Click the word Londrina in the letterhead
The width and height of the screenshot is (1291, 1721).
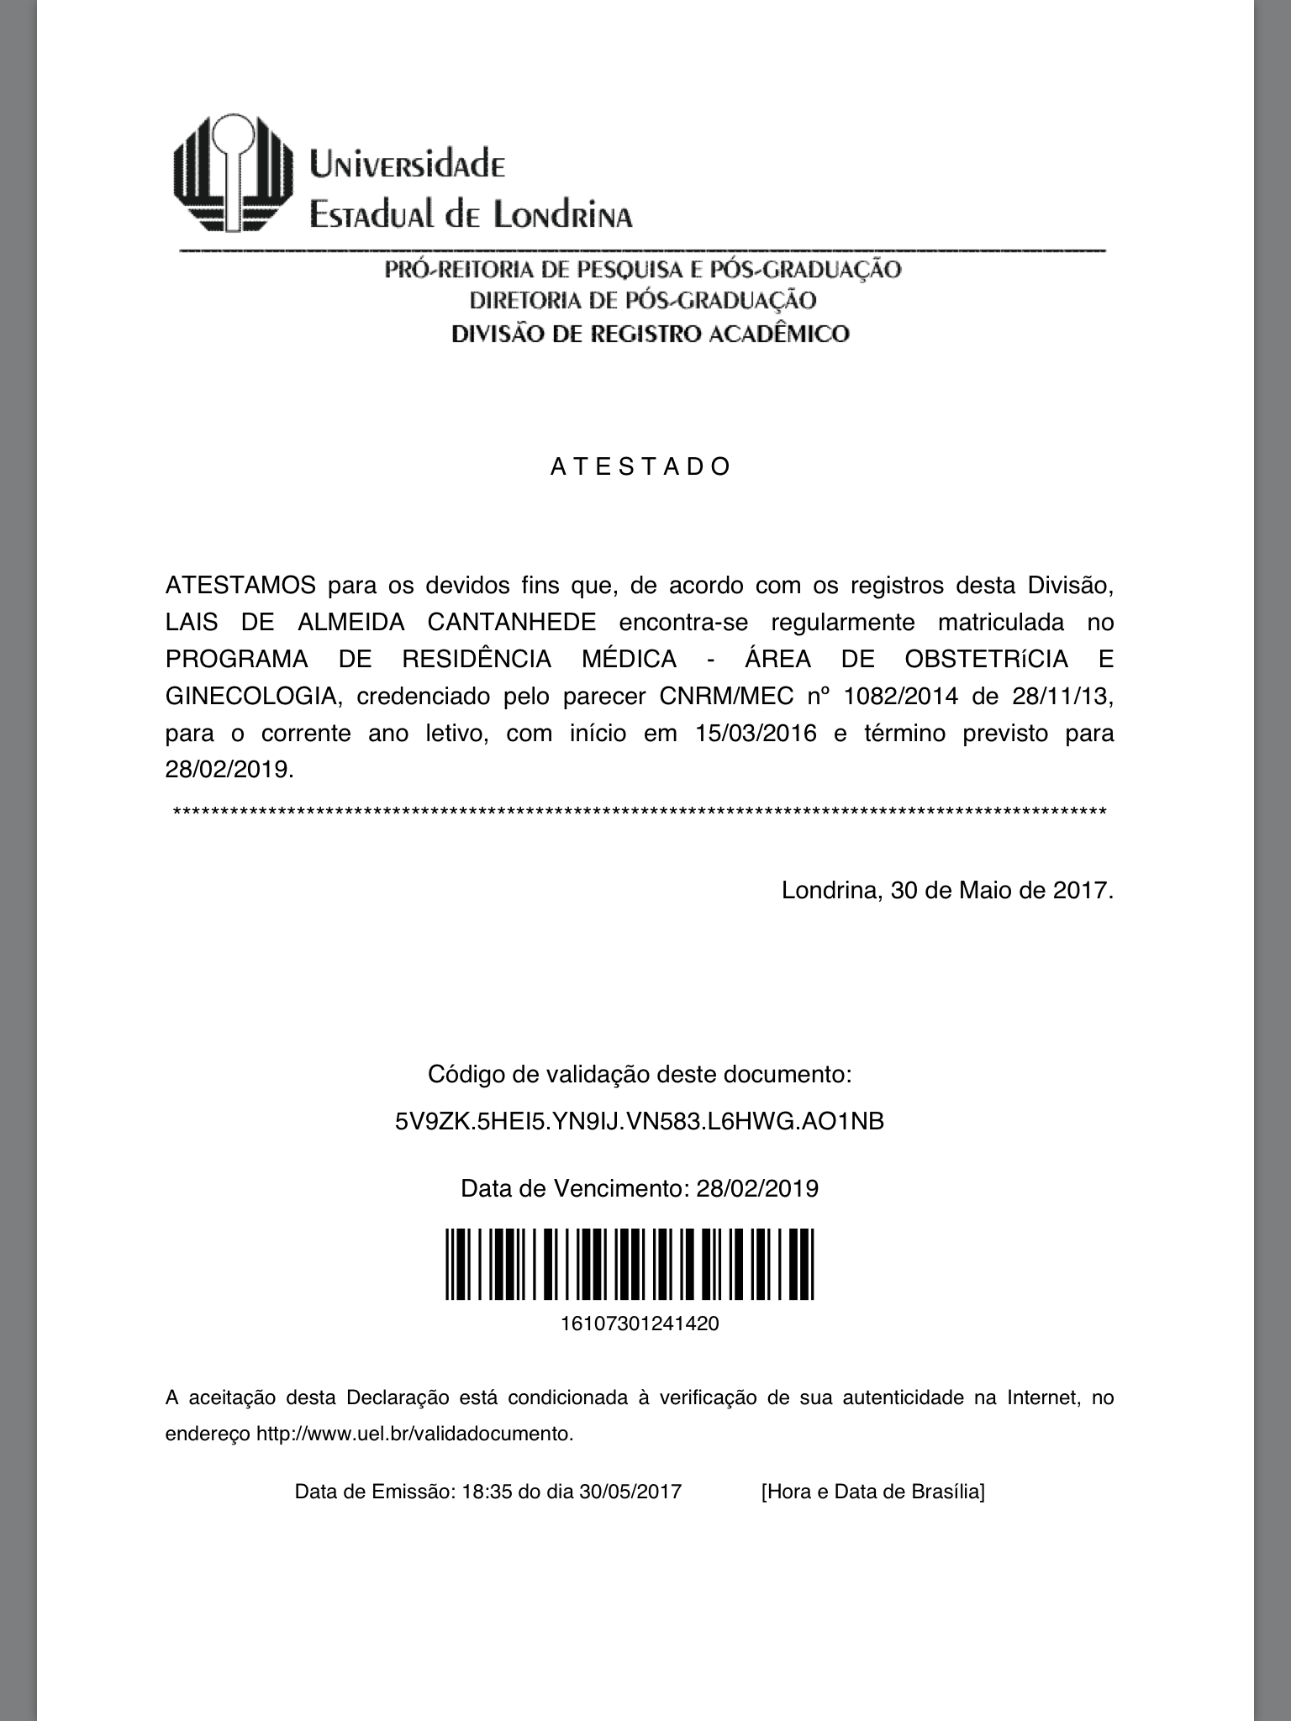(x=562, y=215)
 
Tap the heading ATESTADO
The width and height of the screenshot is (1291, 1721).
(x=641, y=467)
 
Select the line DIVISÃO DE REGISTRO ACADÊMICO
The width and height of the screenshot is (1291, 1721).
(x=651, y=334)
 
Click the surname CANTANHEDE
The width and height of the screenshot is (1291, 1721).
(x=512, y=623)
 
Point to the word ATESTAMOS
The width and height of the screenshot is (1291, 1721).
(x=241, y=585)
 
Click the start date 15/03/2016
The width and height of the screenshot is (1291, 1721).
(x=756, y=733)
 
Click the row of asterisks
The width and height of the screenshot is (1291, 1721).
(x=640, y=812)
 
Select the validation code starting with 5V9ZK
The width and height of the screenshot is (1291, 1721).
(x=640, y=1121)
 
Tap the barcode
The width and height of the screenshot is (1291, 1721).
(x=630, y=1264)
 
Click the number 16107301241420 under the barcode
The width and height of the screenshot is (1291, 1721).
(x=640, y=1324)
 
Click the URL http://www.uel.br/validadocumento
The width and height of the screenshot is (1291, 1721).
(x=415, y=1434)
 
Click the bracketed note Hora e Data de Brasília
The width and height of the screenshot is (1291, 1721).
(x=872, y=1492)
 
